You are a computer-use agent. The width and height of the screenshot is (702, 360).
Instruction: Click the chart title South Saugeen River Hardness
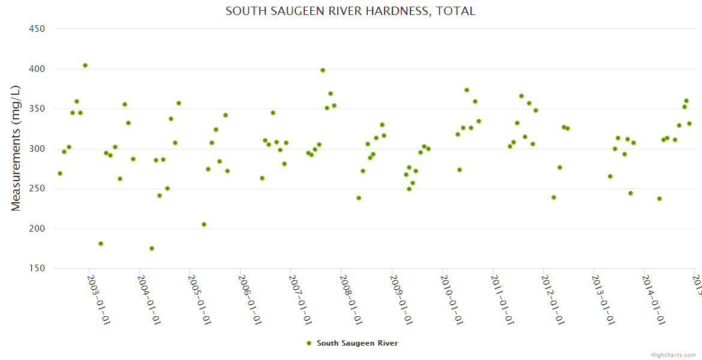350,11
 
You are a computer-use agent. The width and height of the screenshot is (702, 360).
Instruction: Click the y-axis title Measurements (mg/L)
16,148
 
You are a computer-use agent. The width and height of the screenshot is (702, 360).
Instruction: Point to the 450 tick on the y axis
38,29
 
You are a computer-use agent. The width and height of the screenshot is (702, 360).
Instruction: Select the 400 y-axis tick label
38,69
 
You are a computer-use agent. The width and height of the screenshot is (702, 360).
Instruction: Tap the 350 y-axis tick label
38,109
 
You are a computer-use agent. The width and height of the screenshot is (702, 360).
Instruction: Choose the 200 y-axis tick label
38,229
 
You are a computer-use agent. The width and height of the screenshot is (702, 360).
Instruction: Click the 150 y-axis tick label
38,269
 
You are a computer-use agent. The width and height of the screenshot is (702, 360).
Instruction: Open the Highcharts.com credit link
674,355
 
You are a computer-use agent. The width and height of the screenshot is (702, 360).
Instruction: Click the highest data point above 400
85,65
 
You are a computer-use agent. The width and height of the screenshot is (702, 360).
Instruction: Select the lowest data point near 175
152,248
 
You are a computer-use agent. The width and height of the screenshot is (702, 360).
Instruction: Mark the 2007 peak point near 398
323,70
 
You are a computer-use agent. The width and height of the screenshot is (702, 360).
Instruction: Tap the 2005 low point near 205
204,224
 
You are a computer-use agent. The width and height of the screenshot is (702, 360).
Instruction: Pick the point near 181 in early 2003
101,244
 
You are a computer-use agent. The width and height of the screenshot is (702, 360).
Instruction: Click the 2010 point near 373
467,90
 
